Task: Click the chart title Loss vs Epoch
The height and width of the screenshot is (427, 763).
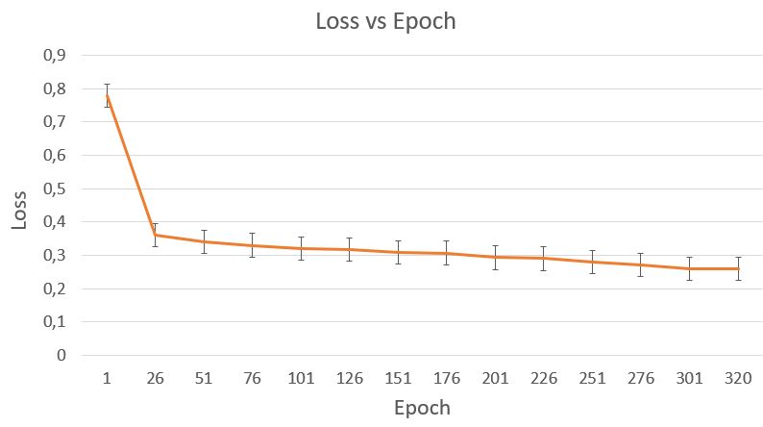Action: pos(385,21)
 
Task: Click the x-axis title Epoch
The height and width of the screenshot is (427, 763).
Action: pos(422,407)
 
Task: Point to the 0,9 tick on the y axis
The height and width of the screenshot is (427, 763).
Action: pos(54,56)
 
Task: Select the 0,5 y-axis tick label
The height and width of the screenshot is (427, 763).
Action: pos(54,188)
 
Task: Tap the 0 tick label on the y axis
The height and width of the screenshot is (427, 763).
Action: pos(62,355)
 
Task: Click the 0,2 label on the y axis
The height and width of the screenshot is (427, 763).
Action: pos(54,289)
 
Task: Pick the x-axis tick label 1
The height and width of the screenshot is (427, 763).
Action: pos(107,377)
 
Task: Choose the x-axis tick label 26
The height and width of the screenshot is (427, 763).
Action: pos(155,377)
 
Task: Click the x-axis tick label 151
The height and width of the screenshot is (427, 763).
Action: pos(398,377)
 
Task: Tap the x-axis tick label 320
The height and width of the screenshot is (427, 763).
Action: pos(738,377)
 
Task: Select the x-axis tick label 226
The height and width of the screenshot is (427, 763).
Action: pos(544,377)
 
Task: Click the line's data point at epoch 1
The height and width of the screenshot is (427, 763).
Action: pos(107,94)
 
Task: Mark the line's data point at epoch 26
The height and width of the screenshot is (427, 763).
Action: pos(155,235)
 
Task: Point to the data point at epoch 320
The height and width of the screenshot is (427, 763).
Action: pos(738,268)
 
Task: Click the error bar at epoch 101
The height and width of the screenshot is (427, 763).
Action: pos(301,248)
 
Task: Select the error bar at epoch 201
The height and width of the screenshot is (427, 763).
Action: pos(495,257)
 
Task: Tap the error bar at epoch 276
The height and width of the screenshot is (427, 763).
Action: pos(641,264)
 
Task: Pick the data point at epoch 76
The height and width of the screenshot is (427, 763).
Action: pos(252,245)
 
